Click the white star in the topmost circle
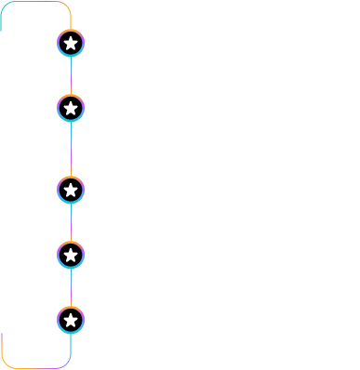click(71, 43)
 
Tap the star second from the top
click(71, 108)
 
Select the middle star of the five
click(71, 191)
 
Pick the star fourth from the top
click(71, 255)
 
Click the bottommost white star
click(71, 320)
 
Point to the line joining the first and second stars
click(71, 75)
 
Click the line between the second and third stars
click(71, 149)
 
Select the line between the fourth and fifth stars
click(71, 287)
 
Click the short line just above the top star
click(71, 22)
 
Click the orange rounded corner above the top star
click(66, 6)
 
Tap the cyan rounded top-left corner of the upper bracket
click(5, 6)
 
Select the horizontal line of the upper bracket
click(35, 2)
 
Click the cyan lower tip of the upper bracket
click(1, 28)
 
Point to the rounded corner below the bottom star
click(66, 363)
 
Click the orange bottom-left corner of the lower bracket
click(5, 363)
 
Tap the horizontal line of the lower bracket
click(35, 368)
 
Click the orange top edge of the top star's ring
click(71, 30)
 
